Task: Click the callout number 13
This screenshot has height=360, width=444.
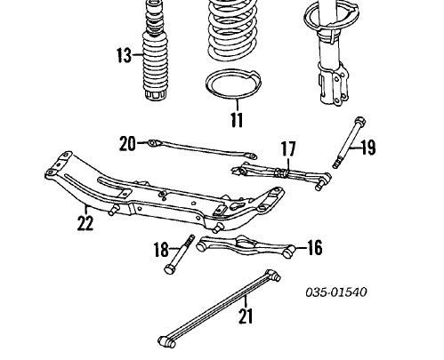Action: click(x=124, y=55)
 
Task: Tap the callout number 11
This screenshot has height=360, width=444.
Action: click(x=237, y=119)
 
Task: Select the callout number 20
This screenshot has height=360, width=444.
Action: click(x=127, y=143)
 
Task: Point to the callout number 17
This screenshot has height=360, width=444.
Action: click(x=288, y=149)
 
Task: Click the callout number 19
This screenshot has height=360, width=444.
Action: click(x=368, y=148)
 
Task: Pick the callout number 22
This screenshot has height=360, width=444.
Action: click(x=85, y=223)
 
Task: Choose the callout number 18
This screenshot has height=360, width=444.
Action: click(x=161, y=250)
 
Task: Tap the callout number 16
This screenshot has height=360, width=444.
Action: click(x=315, y=248)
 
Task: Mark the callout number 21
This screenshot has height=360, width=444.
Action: click(x=246, y=316)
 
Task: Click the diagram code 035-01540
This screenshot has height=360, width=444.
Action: click(x=336, y=292)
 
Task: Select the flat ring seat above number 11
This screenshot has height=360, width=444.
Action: click(x=233, y=84)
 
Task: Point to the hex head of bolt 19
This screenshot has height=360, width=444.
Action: click(x=359, y=122)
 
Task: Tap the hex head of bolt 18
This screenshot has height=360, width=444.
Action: click(x=170, y=268)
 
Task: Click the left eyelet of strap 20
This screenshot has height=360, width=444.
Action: click(x=153, y=143)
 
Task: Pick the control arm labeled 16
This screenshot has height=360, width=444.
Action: click(x=245, y=245)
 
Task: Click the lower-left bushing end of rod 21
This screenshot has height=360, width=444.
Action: click(x=167, y=341)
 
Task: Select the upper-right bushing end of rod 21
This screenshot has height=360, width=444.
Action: click(x=273, y=276)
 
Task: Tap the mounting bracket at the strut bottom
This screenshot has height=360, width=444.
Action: click(x=334, y=83)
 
